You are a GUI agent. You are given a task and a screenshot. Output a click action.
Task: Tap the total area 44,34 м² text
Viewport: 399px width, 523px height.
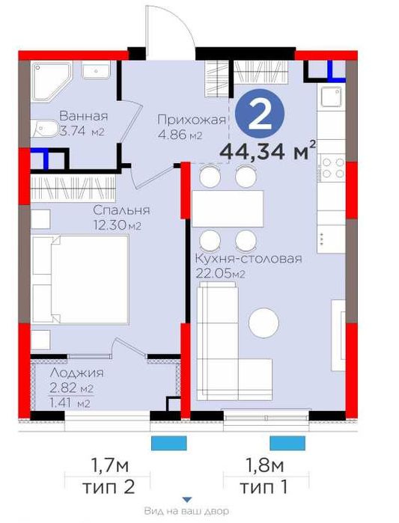click(267, 151)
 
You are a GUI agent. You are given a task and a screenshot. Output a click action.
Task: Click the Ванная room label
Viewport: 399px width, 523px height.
click(84, 117)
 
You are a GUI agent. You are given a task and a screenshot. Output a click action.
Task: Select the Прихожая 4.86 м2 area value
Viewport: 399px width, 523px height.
click(180, 135)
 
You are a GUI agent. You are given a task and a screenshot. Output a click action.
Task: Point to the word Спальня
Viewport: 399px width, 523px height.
click(121, 210)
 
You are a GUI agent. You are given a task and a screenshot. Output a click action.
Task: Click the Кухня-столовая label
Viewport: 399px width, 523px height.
click(249, 258)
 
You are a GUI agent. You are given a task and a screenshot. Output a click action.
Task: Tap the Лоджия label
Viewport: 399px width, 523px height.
click(76, 373)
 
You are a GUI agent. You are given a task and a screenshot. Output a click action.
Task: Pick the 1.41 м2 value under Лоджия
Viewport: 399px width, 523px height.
click(70, 403)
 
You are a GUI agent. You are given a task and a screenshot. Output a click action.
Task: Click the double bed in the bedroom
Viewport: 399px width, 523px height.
click(80, 280)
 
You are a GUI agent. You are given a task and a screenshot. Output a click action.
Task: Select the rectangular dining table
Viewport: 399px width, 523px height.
click(228, 209)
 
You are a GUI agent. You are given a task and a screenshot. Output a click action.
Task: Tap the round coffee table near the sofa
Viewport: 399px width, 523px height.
click(264, 322)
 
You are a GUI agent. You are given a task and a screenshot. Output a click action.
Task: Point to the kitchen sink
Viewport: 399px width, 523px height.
click(332, 95)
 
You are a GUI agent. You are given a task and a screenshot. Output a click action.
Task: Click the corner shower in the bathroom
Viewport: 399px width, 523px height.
click(52, 81)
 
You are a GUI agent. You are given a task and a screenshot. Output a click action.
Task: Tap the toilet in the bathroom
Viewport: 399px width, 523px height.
click(46, 129)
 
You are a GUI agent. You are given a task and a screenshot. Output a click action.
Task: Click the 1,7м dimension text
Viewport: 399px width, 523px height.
click(110, 465)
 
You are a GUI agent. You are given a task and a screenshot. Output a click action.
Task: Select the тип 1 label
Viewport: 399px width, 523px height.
click(264, 487)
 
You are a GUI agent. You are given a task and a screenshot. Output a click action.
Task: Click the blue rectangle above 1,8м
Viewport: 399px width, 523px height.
click(287, 443)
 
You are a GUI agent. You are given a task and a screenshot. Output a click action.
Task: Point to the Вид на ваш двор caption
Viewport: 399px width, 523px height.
click(186, 511)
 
